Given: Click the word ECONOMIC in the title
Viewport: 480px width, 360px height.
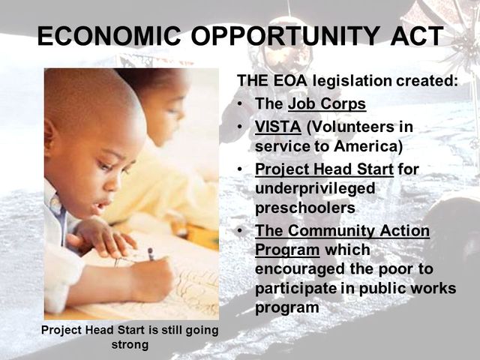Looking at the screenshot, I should click(x=100, y=35).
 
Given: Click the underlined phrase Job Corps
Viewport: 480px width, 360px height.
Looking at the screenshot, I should click(x=326, y=104).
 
